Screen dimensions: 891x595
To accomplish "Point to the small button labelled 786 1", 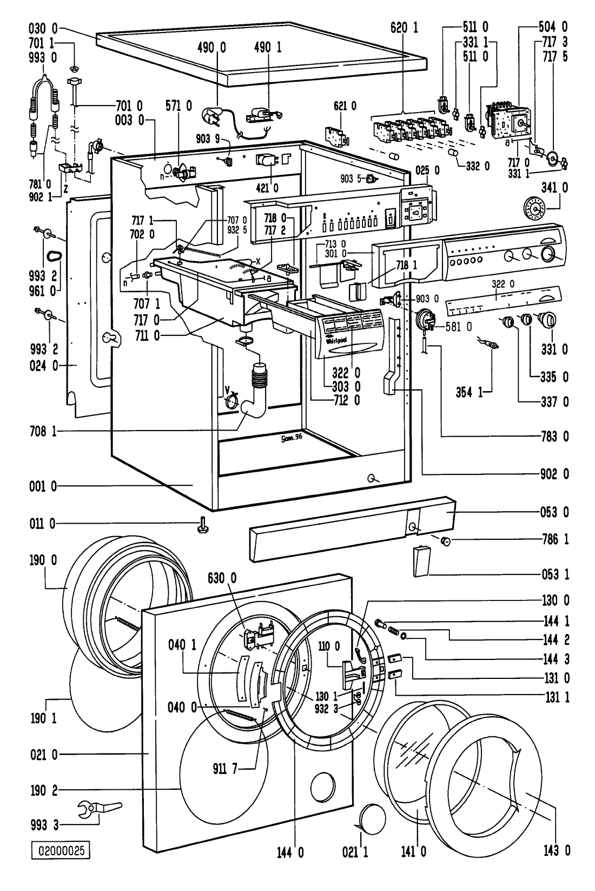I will (446, 541).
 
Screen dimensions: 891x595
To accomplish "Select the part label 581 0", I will (461, 327).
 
